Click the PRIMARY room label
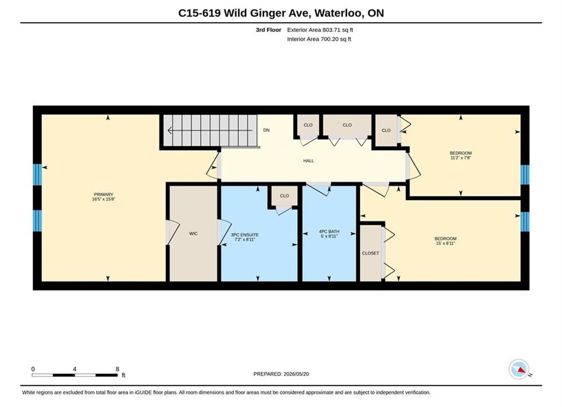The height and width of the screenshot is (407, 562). [x=103, y=194]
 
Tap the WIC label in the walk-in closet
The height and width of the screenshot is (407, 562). [x=193, y=233]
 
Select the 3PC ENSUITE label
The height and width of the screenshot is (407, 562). [x=245, y=235]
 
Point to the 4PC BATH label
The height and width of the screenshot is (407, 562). [x=329, y=232]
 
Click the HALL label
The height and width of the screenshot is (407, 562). [x=308, y=161]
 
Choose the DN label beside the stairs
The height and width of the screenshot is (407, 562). [x=266, y=130]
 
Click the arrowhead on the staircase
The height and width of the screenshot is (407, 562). [x=170, y=131]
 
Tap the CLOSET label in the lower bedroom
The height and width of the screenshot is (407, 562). [x=371, y=253]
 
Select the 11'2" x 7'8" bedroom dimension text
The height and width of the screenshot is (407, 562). [x=460, y=157]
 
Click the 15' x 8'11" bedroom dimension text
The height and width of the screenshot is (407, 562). [x=446, y=243]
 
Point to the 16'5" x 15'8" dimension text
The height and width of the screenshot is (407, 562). [x=103, y=199]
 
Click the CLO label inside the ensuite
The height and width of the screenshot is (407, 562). [x=284, y=196]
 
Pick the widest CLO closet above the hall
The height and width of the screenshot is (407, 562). [x=347, y=125]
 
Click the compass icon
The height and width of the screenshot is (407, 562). [x=519, y=369]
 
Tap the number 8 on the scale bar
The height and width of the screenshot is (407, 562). [x=117, y=369]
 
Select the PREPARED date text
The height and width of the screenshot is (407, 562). [x=281, y=374]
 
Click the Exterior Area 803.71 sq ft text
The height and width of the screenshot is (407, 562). [x=320, y=30]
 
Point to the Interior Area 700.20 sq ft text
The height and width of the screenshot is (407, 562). [x=319, y=39]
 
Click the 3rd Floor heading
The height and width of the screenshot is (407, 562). [x=268, y=30]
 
